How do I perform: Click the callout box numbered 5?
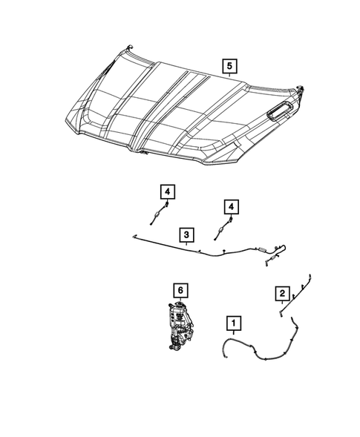click(230, 68)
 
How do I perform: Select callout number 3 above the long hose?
click(187, 235)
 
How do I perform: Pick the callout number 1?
click(235, 323)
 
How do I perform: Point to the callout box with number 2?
click(281, 295)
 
